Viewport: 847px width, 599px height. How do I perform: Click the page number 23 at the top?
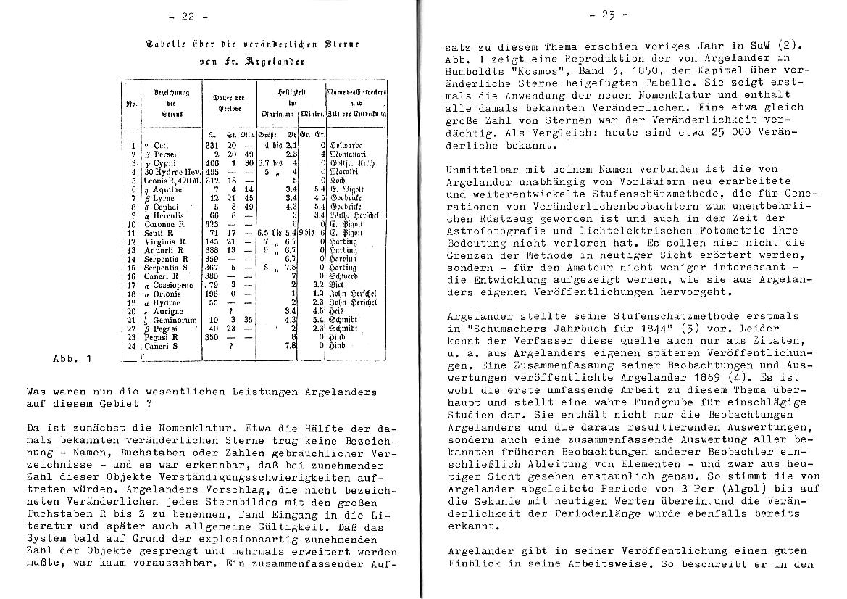tap(609, 14)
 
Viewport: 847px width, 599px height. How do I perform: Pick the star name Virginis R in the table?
tap(164, 241)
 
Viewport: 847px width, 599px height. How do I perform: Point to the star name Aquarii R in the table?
tap(164, 249)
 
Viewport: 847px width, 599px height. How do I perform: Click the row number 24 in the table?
tap(131, 346)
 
